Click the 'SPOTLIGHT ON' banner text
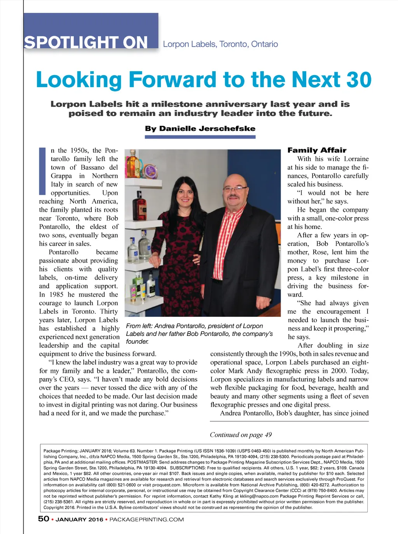coord(86,42)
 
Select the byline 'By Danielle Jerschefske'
coord(200,128)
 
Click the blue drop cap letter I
coord(42,171)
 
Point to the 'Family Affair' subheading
coord(317,150)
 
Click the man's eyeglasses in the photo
coord(234,189)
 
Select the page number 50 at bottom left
coord(44,519)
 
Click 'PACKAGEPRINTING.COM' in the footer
coord(147,520)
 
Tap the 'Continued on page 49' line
coord(241,435)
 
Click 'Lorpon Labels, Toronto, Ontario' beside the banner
coord(220,44)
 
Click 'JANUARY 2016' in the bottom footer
coord(79,520)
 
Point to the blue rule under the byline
coord(200,137)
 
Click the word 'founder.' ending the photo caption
coord(137,342)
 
